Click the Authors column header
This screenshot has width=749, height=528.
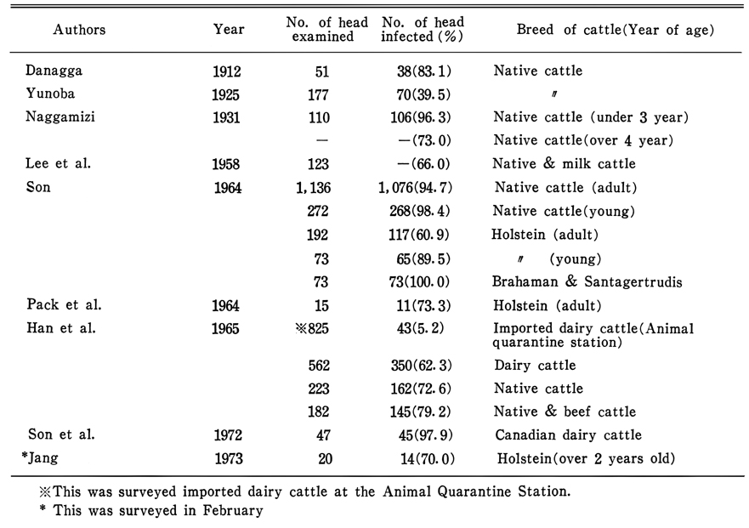point(79,30)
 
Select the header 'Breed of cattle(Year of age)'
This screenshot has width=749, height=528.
point(616,30)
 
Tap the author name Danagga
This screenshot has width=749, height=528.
point(54,71)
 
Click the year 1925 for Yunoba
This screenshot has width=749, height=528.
point(225,94)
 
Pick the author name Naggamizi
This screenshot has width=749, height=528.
point(60,117)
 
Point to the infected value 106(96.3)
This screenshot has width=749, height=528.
point(420,117)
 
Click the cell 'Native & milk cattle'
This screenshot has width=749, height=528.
point(565,164)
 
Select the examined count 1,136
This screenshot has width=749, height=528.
point(314,188)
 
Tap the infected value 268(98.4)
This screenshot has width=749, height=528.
point(420,211)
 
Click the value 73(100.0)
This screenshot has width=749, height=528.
point(419,282)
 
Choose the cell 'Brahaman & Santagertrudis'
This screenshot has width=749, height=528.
point(587,282)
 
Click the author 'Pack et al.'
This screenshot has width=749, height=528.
point(64,305)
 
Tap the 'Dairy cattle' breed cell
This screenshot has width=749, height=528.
point(535,366)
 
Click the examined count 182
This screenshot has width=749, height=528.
point(319,412)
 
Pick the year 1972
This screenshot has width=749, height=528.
point(228,435)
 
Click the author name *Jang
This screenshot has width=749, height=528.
point(40,458)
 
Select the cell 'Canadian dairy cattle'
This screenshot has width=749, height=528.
point(569,435)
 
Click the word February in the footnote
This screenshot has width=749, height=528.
point(233,511)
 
